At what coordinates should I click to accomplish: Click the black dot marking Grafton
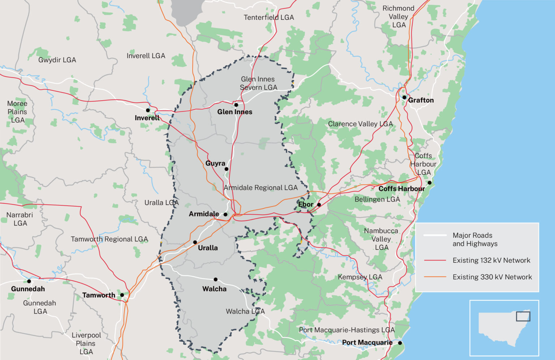click(x=404, y=97)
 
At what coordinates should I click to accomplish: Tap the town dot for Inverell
click(x=148, y=110)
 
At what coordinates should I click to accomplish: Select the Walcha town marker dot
click(x=216, y=279)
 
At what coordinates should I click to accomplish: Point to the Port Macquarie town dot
click(x=400, y=343)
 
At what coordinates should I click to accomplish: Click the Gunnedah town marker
click(x=29, y=281)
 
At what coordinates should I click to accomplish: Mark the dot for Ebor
click(x=319, y=205)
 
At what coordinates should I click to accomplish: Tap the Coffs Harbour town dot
click(x=430, y=183)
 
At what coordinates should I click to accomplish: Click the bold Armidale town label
click(x=204, y=214)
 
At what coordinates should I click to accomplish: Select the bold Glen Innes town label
click(x=235, y=112)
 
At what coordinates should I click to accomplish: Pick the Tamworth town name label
click(x=99, y=295)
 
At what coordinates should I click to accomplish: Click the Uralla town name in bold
click(x=208, y=248)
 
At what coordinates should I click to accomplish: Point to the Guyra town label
click(x=215, y=163)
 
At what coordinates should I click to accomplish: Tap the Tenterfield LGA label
click(x=269, y=17)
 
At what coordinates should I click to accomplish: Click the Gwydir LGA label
click(x=57, y=60)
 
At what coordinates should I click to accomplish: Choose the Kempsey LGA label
click(x=360, y=277)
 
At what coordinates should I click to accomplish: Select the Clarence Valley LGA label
click(x=360, y=124)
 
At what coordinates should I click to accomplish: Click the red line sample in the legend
click(x=435, y=260)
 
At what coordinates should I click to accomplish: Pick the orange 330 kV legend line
click(x=435, y=277)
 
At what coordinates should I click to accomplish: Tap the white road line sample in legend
click(x=435, y=235)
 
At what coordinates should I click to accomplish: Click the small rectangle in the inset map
click(x=523, y=316)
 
